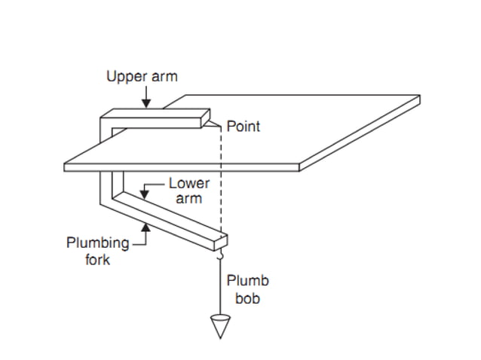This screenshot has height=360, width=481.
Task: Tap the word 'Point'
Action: coord(243,127)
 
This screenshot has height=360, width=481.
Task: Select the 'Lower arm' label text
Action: coord(188,190)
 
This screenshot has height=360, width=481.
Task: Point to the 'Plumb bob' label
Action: coord(247,288)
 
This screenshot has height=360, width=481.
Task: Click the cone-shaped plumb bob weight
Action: coord(220,326)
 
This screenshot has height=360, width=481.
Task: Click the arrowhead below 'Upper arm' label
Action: coord(148,103)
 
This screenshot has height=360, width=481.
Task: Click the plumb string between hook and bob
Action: coord(220,290)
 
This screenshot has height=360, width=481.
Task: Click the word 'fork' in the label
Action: coord(97,260)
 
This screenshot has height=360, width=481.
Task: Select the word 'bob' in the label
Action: coord(247,298)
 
